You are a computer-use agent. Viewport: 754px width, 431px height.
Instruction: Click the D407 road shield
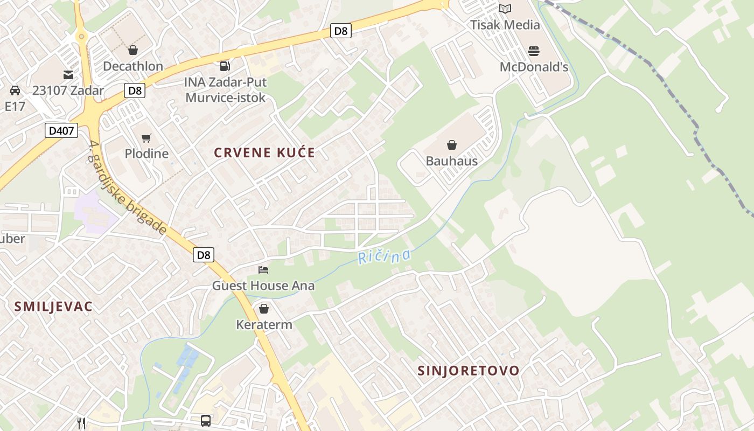click(x=61, y=130)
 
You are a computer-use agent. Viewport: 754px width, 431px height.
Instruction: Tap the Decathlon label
click(x=133, y=66)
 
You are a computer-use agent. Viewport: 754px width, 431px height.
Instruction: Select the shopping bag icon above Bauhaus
click(x=452, y=145)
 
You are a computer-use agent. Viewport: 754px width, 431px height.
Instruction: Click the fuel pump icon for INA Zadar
click(x=225, y=66)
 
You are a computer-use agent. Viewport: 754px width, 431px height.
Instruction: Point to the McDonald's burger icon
click(x=534, y=52)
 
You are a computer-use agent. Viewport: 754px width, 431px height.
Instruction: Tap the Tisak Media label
click(x=505, y=25)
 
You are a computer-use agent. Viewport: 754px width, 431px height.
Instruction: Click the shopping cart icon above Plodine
click(x=146, y=138)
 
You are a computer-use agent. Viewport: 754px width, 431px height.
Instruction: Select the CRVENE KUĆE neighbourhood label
click(x=264, y=152)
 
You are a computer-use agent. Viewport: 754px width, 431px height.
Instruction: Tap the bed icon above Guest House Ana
click(x=263, y=270)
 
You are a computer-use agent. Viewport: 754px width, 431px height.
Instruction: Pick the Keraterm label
click(x=264, y=325)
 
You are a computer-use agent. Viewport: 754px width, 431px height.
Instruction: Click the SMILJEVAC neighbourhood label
click(x=53, y=307)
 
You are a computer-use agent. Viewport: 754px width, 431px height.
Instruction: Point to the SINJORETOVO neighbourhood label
click(x=469, y=371)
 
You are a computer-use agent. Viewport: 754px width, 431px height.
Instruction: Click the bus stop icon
click(x=206, y=421)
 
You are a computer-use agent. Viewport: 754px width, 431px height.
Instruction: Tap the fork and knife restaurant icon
click(x=81, y=423)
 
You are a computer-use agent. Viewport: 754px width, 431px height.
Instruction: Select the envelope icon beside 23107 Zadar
click(x=68, y=75)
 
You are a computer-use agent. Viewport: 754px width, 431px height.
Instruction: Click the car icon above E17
click(x=15, y=91)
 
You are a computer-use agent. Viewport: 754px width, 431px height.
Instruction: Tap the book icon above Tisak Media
click(x=505, y=9)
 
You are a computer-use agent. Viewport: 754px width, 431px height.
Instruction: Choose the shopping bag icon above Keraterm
click(x=264, y=309)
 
